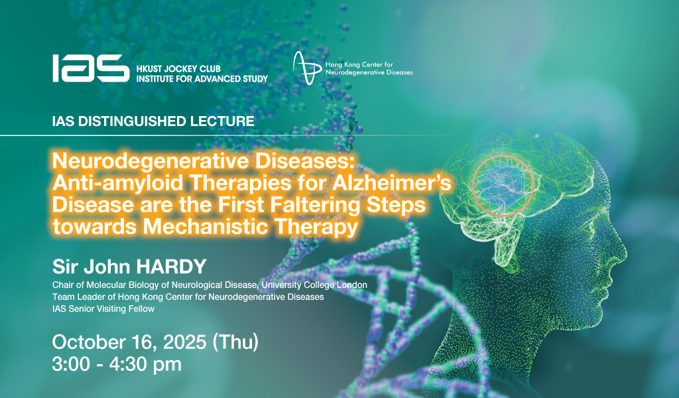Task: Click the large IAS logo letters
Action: click(91, 68)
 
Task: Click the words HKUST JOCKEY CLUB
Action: click(178, 69)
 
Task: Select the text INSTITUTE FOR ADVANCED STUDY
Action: click(202, 79)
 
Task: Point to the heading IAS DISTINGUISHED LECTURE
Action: click(153, 121)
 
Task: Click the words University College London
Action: click(314, 285)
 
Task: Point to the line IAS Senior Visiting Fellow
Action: click(103, 309)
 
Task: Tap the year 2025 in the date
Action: click(185, 342)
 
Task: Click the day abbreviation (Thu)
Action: click(235, 342)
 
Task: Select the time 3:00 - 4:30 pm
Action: click(117, 364)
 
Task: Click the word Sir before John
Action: click(65, 267)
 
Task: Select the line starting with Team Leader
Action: click(188, 297)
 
